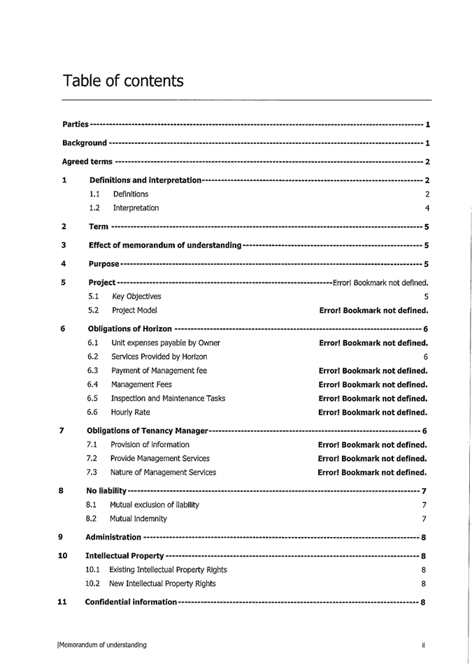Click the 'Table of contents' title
pos(123,81)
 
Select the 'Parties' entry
pos(76,124)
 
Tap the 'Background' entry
pos(85,143)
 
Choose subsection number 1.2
pos(94,208)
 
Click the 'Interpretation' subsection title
pos(136,208)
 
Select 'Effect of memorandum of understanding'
pos(165,245)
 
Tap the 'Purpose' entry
pos(104,264)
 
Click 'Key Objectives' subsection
pos(136,296)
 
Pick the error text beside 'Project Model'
pos(373,310)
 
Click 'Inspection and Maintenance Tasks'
pos(168,399)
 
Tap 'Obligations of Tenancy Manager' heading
pos(148,431)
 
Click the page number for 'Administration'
pos(424,538)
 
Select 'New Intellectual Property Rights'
pos(163,583)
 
